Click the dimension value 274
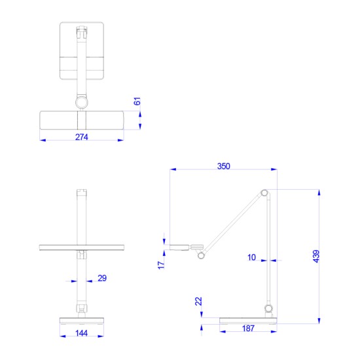tap(81, 137)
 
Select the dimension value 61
tap(137, 101)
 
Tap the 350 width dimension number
tap(223, 166)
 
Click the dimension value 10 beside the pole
tap(252, 258)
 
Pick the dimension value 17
tap(162, 264)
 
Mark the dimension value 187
tap(248, 328)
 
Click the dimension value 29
tap(101, 278)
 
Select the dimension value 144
tap(81, 334)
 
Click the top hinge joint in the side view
tap(264, 192)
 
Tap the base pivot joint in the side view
tap(268, 308)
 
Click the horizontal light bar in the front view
tap(81, 247)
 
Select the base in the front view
tap(81, 320)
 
